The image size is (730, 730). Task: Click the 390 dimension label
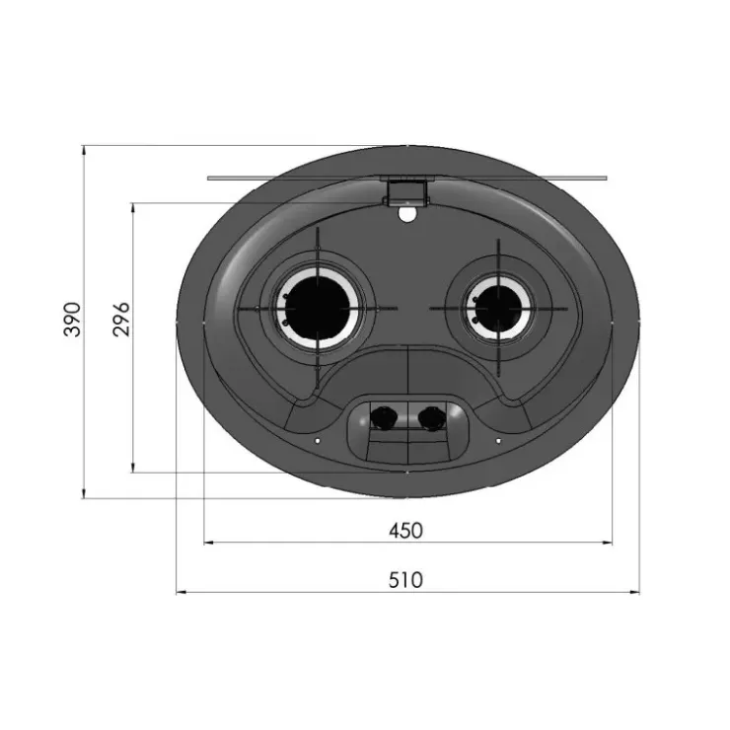click(72, 319)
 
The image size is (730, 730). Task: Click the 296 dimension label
click(121, 319)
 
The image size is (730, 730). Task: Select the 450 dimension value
click(406, 531)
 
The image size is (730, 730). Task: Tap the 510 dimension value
click(406, 580)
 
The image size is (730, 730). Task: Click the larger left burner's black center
click(318, 308)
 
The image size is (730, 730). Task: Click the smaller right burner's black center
click(498, 309)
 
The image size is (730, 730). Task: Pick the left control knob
click(383, 416)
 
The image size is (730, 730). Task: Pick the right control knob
click(431, 416)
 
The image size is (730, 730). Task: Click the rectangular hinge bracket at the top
click(405, 192)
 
